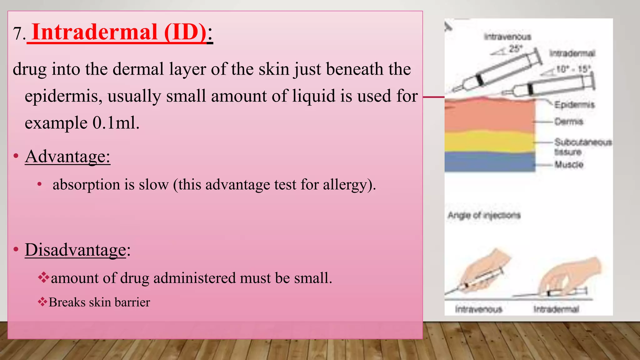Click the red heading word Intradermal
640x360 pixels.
(95, 32)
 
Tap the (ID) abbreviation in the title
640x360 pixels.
(185, 32)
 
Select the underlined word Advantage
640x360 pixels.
(67, 156)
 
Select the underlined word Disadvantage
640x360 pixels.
(75, 250)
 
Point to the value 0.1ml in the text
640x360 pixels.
(116, 123)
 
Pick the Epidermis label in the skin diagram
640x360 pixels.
(574, 105)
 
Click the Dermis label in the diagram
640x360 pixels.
(569, 122)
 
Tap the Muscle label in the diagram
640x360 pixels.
(569, 164)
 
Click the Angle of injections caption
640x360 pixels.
(484, 215)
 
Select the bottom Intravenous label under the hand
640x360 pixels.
(478, 309)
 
